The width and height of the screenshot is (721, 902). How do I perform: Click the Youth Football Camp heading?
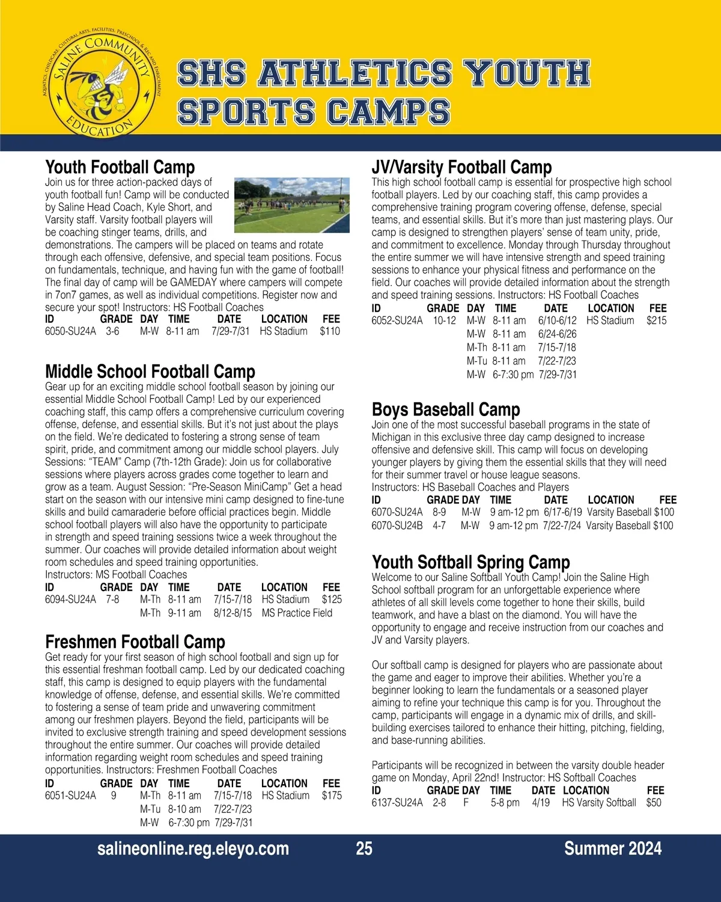click(x=120, y=167)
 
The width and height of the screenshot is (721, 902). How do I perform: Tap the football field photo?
click(x=291, y=205)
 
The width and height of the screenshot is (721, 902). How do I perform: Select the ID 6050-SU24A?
click(x=70, y=331)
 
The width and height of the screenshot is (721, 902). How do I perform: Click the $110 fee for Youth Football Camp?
click(x=330, y=331)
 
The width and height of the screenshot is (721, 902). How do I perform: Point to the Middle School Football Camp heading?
click(x=150, y=371)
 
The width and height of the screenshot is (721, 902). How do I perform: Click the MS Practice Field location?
click(x=297, y=613)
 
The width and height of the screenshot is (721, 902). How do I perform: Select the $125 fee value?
click(x=332, y=600)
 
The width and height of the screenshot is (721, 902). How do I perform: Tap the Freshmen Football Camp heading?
click(x=135, y=642)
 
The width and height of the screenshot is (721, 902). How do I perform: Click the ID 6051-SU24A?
click(x=70, y=796)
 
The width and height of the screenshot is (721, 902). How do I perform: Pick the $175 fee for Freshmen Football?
click(x=332, y=796)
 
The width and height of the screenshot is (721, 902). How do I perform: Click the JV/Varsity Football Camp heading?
click(x=461, y=167)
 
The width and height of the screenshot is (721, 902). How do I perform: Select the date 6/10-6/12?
click(x=557, y=321)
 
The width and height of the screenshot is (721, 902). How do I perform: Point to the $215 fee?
click(x=657, y=321)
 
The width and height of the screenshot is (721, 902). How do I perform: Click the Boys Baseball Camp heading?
click(x=446, y=410)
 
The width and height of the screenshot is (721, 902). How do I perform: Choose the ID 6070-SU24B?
click(x=397, y=526)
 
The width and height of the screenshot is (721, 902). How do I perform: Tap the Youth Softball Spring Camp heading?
click(x=471, y=562)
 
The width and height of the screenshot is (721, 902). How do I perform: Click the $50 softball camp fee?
click(x=654, y=803)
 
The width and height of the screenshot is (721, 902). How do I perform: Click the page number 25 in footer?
click(x=364, y=848)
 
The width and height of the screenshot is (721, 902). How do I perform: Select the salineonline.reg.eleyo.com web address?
click(x=193, y=848)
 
